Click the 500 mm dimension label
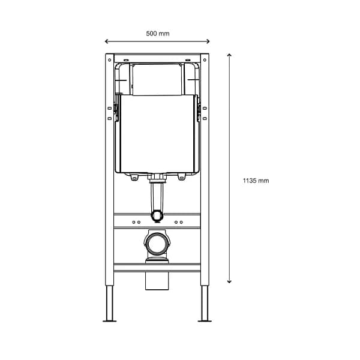tap(158, 34)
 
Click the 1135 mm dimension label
tap(256, 181)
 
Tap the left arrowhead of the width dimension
tap(106, 41)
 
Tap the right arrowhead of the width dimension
tap(208, 41)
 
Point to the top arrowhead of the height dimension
tap(229, 55)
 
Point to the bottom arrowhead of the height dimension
tap(229, 281)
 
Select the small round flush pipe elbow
tap(157, 215)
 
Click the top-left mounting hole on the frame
tap(110, 60)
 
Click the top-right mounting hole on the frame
tap(205, 60)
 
